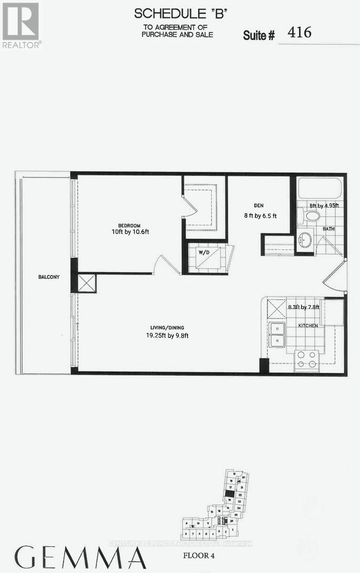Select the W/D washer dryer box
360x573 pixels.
pos(204,252)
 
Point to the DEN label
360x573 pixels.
pos(258,205)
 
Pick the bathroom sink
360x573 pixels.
pos(305,241)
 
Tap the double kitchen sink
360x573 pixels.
pos(276,335)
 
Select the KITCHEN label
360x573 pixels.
pos(308,326)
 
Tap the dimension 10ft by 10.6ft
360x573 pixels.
pos(130,232)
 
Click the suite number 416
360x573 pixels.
pos(299,33)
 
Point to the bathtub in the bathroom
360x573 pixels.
pos(319,189)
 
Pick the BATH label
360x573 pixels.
pos(328,229)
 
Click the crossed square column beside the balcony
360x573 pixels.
pos(87,283)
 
